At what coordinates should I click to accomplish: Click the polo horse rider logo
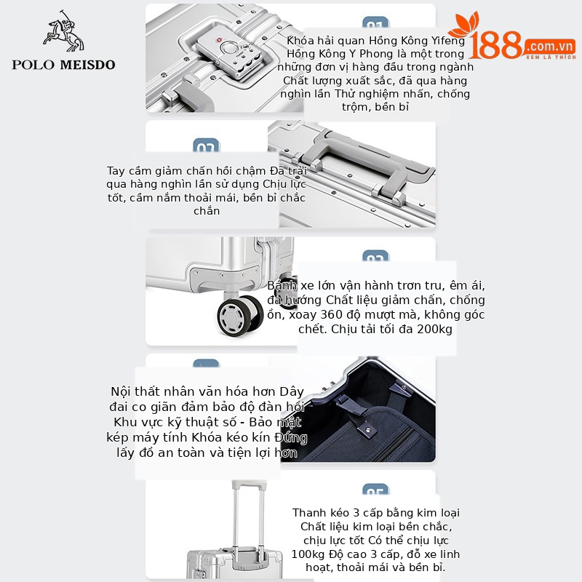tap(63, 31)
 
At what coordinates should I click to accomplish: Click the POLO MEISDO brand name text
tap(63, 65)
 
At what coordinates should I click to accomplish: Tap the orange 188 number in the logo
tap(495, 46)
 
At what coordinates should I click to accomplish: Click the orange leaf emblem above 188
tap(464, 25)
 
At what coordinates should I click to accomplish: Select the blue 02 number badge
tap(207, 145)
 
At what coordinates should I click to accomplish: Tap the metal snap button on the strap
tap(368, 430)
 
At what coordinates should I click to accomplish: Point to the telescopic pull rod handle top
tap(249, 485)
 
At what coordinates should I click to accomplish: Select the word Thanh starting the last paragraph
tap(309, 513)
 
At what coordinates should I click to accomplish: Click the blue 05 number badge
tap(375, 490)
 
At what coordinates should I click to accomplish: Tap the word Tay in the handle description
tap(116, 171)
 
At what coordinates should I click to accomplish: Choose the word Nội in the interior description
tap(121, 391)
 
